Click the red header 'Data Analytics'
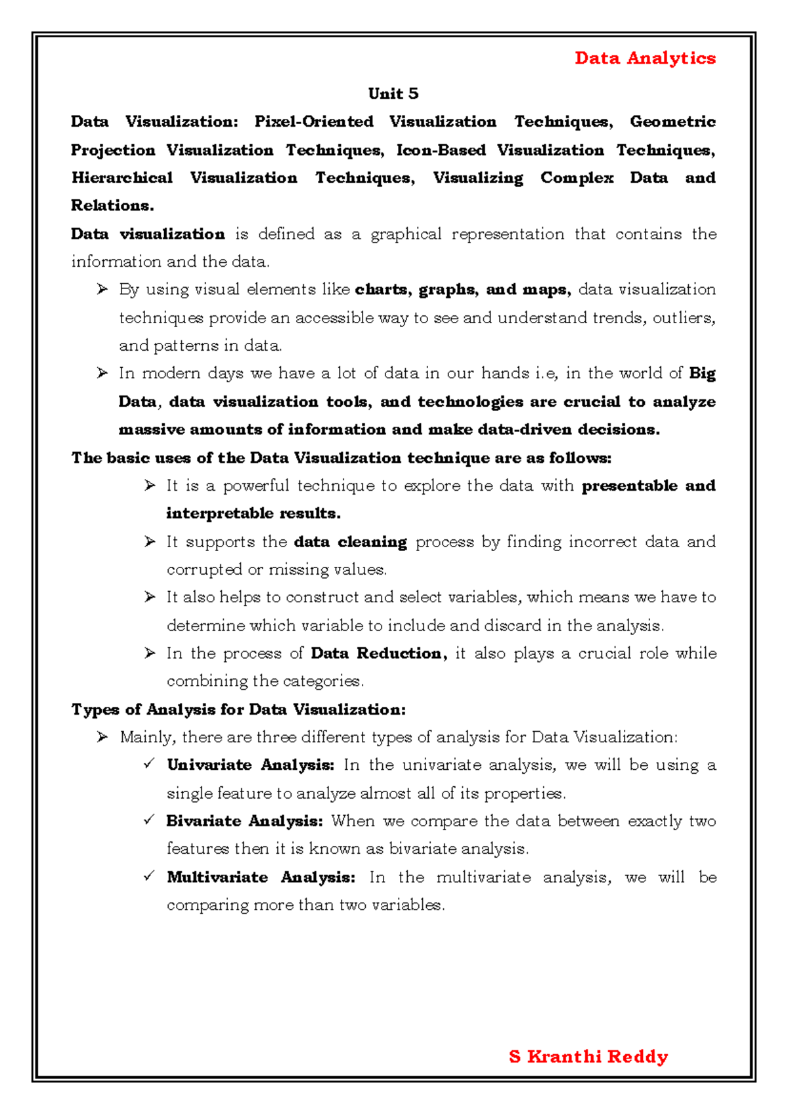[644, 58]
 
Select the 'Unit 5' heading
[393, 94]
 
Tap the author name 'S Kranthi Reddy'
[588, 1056]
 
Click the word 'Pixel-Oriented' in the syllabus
[313, 122]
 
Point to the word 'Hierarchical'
[122, 178]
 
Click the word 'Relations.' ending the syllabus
[112, 206]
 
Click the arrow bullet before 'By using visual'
[102, 289]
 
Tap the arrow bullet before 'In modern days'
[102, 373]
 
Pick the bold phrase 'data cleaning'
[350, 542]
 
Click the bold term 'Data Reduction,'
[378, 654]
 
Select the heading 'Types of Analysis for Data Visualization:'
[238, 709]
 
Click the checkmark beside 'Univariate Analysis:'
[149, 764]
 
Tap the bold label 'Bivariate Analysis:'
[244, 821]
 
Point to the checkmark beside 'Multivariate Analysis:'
[149, 876]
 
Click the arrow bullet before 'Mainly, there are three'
[102, 737]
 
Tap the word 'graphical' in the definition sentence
[406, 234]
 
